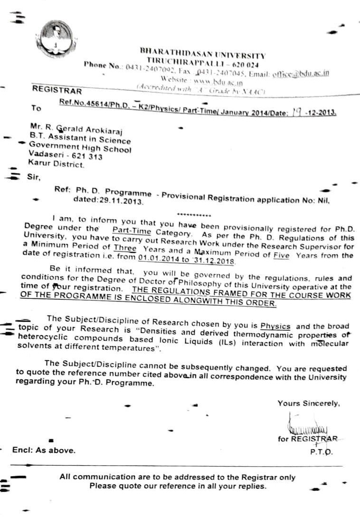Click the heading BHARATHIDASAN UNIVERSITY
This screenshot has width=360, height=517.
pos(202,53)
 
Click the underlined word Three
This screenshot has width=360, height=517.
pos(125,248)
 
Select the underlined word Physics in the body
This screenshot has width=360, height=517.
pos(275,326)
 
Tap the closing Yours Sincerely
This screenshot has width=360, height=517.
pos(309,403)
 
